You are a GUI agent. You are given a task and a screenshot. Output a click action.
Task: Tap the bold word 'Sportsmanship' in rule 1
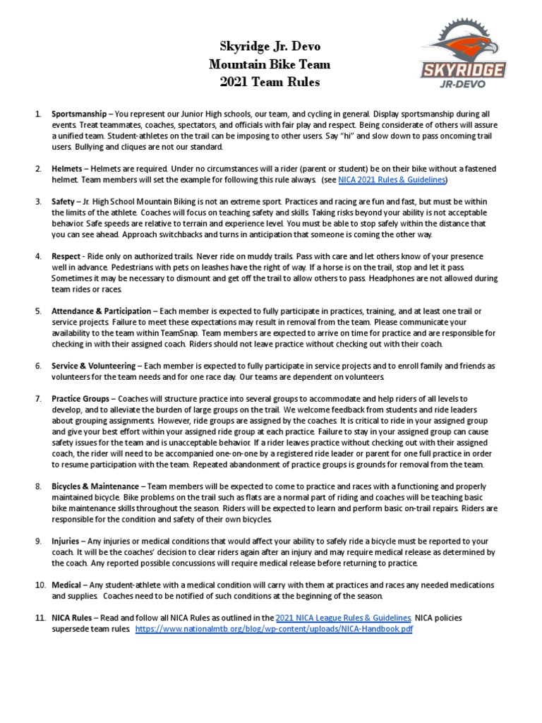pyautogui.click(x=78, y=114)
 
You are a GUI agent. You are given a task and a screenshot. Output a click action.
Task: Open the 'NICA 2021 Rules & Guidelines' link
pyautogui.click(x=392, y=180)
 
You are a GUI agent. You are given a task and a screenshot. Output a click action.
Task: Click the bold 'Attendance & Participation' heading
pyautogui.click(x=101, y=311)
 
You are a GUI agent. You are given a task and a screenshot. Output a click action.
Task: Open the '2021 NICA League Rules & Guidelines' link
pyautogui.click(x=344, y=618)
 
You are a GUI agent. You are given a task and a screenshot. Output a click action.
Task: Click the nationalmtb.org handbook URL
pyautogui.click(x=274, y=629)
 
